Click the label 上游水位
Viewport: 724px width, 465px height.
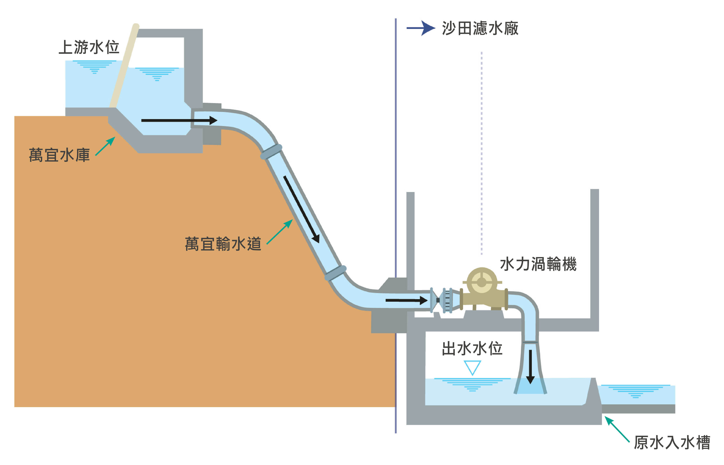tap(89, 48)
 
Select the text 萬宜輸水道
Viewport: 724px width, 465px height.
tap(223, 244)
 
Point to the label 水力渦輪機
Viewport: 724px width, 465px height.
tap(538, 264)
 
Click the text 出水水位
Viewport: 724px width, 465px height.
tap(472, 349)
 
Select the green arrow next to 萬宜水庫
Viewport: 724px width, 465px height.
tap(105, 146)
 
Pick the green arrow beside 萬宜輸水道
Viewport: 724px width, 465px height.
tap(280, 232)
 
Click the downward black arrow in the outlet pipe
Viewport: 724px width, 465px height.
tap(530, 367)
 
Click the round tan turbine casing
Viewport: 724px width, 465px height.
tap(482, 282)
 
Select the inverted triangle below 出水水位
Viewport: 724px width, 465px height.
tap(472, 367)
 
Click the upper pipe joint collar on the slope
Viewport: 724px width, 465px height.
tap(271, 151)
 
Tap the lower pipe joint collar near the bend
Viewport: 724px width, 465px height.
tap(335, 273)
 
